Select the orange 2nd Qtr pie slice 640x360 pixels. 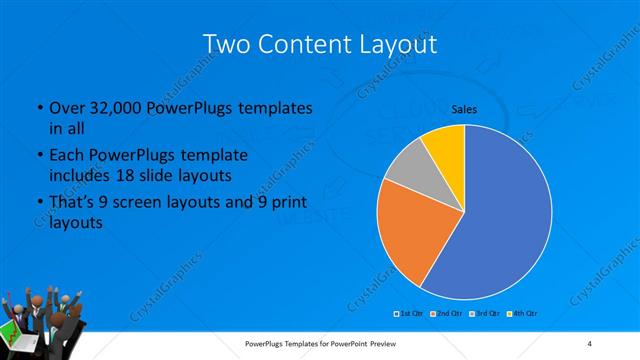[x=410, y=235]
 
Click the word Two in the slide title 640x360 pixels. [x=226, y=44]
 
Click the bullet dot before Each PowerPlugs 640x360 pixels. [x=39, y=157]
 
